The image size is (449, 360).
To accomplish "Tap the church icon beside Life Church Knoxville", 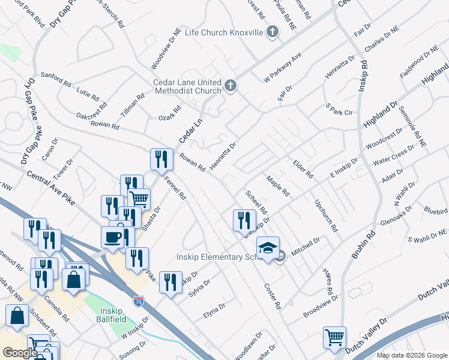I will point(273,31).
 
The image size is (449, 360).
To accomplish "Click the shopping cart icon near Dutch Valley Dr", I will point(334,337).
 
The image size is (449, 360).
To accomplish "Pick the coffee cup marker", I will point(112,236).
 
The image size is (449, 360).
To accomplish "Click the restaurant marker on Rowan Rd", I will point(160,159).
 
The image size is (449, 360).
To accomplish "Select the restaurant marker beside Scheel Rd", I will point(244,220).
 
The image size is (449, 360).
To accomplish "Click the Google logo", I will point(20,352).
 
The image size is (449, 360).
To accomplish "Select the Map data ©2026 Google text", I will point(412,355).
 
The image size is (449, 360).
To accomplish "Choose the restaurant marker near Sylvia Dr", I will point(170,282).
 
